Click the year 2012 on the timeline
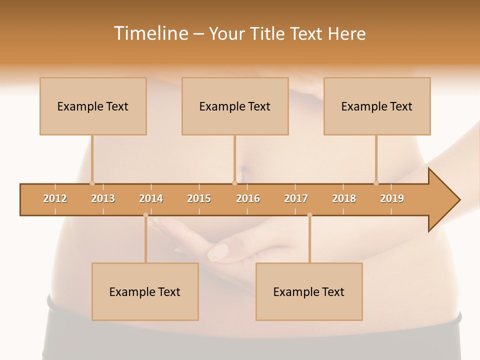click(x=55, y=198)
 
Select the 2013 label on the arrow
click(x=103, y=198)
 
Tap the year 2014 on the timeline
click(x=151, y=198)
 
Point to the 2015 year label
click(x=199, y=198)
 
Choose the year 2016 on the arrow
click(x=248, y=198)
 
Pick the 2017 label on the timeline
click(x=296, y=198)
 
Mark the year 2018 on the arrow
click(x=344, y=198)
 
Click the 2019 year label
click(x=392, y=198)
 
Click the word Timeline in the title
click(x=150, y=33)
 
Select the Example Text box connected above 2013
click(x=93, y=106)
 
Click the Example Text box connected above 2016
click(x=235, y=106)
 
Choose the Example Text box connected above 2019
click(x=377, y=106)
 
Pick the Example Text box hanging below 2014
click(x=145, y=291)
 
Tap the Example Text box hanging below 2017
click(x=309, y=291)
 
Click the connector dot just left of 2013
click(x=92, y=183)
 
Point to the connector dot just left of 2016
click(x=234, y=183)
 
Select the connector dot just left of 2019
click(x=376, y=183)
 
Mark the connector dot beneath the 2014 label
click(x=145, y=215)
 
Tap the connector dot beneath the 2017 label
click(x=309, y=215)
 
